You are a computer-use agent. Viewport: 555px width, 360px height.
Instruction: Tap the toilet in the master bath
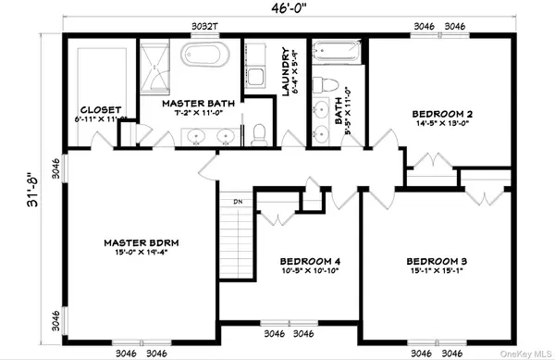[260, 133]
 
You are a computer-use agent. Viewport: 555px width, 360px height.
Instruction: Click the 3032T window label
[204, 27]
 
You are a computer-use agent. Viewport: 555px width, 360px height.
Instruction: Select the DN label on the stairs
[237, 200]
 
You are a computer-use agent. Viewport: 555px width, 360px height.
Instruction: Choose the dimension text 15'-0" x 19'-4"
[142, 253]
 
